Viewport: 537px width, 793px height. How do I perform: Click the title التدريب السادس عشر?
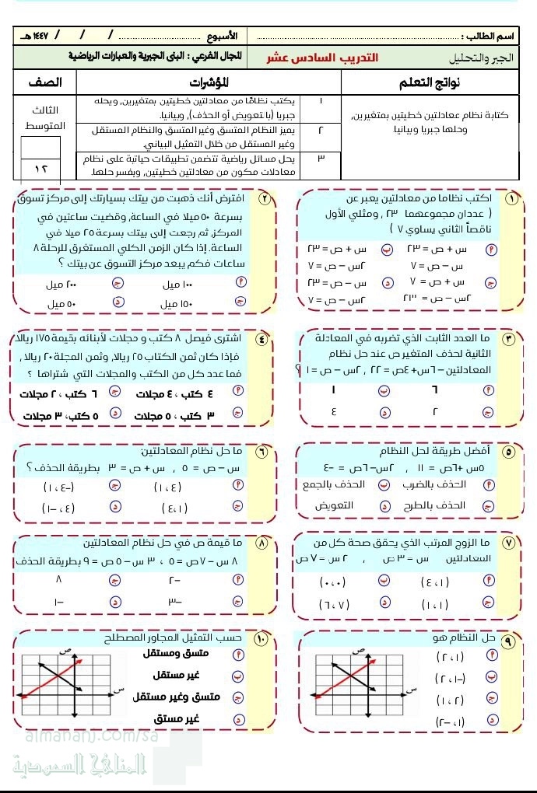click(x=321, y=58)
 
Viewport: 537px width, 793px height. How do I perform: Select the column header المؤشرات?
click(x=208, y=82)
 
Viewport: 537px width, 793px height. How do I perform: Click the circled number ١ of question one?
click(x=511, y=199)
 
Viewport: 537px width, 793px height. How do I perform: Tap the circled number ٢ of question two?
click(x=265, y=199)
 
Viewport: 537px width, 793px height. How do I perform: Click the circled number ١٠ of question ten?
click(x=261, y=638)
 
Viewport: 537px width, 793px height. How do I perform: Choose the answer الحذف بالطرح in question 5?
click(x=443, y=505)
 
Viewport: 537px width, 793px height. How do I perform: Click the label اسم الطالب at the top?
click(x=491, y=36)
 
